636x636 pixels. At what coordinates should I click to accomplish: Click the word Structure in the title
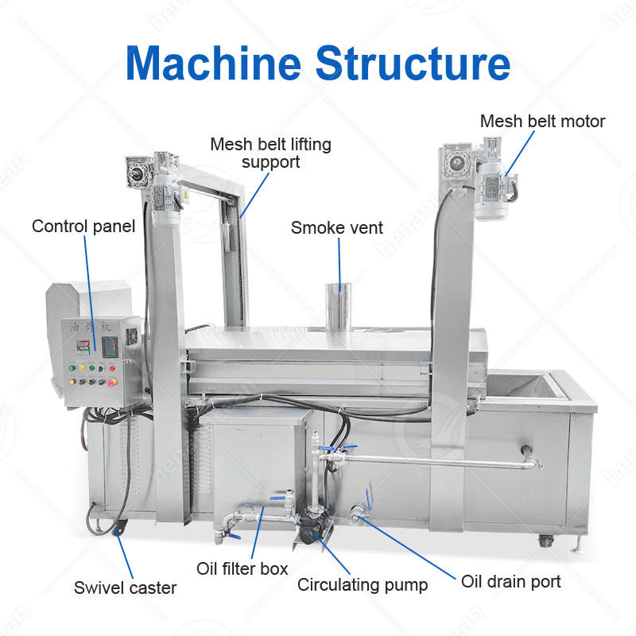(413, 63)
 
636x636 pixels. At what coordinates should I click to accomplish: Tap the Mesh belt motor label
(542, 122)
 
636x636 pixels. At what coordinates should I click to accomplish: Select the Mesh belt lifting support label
(270, 153)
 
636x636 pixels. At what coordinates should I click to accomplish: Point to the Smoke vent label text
(336, 228)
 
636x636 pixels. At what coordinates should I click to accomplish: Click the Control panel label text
(83, 227)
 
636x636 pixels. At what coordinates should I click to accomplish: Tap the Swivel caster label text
(125, 588)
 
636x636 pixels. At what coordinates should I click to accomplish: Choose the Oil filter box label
(242, 568)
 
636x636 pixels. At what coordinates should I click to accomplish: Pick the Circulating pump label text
(363, 585)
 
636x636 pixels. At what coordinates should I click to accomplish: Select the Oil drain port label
(511, 581)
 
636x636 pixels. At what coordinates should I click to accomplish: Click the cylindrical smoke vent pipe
(340, 303)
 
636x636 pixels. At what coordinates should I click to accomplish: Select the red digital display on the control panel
(82, 347)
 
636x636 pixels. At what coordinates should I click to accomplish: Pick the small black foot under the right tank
(545, 540)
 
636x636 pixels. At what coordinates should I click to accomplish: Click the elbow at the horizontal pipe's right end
(529, 460)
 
